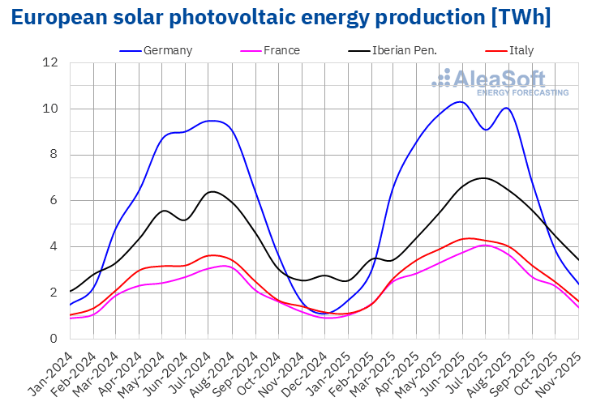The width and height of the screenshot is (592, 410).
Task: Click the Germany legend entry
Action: tap(167, 50)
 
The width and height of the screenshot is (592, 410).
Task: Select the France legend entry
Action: tap(281, 50)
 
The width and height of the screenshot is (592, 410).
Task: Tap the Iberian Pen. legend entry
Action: tap(404, 50)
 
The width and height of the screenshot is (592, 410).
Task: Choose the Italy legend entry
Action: tap(521, 50)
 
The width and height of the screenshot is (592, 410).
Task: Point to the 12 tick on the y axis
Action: tap(50, 62)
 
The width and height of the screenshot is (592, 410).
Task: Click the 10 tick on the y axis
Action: tap(50, 109)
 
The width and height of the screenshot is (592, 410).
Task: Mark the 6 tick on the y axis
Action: tap(54, 201)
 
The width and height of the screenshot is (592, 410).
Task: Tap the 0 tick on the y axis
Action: tap(54, 339)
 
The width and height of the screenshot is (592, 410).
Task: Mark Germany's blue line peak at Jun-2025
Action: tap(461, 102)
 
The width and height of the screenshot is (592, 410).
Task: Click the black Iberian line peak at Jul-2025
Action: tap(484, 177)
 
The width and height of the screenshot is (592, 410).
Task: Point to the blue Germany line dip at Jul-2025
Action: tap(485, 130)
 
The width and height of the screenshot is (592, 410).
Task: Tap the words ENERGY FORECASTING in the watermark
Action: tap(522, 93)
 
